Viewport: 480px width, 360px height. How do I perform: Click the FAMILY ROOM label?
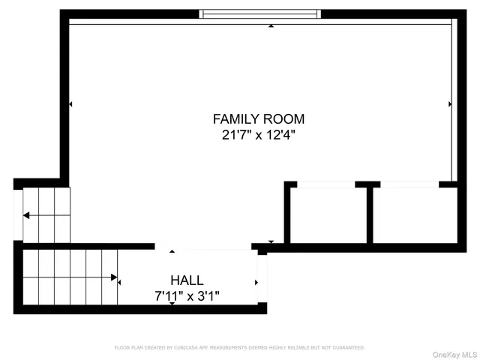[x=259, y=118]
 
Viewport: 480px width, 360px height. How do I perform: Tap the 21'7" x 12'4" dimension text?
[x=259, y=136]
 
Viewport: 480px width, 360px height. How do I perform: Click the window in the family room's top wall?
[x=259, y=13]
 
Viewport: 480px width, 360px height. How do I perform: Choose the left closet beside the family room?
[x=328, y=215]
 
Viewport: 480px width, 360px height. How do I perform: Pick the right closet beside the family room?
[x=415, y=215]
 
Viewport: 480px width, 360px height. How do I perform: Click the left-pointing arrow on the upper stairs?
[x=26, y=215]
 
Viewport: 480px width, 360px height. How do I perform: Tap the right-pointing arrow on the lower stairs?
[x=114, y=277]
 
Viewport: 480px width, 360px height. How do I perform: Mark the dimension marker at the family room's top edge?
[x=271, y=26]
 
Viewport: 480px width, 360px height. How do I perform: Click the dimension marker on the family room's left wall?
[x=70, y=103]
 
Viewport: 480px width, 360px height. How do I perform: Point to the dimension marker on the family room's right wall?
[x=449, y=103]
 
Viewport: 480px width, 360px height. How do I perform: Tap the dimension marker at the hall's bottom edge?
[x=172, y=302]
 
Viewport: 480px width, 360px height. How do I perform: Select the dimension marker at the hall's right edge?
[x=256, y=283]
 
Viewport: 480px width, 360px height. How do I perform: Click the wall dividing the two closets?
[x=369, y=215]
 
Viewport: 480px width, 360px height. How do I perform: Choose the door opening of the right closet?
[x=409, y=184]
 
